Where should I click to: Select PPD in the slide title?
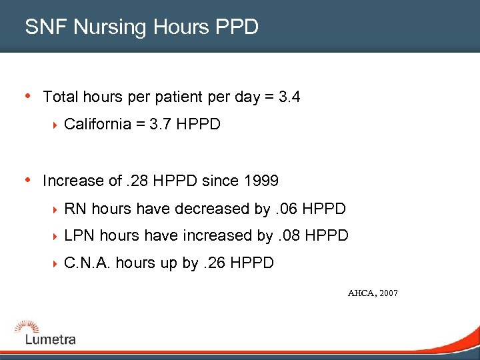[x=237, y=27]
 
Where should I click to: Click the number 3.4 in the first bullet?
[x=289, y=97]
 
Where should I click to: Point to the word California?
[x=97, y=125]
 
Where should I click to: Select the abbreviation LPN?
[x=78, y=235]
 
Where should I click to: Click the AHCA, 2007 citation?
[x=373, y=293]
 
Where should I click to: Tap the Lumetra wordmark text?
[x=51, y=339]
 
